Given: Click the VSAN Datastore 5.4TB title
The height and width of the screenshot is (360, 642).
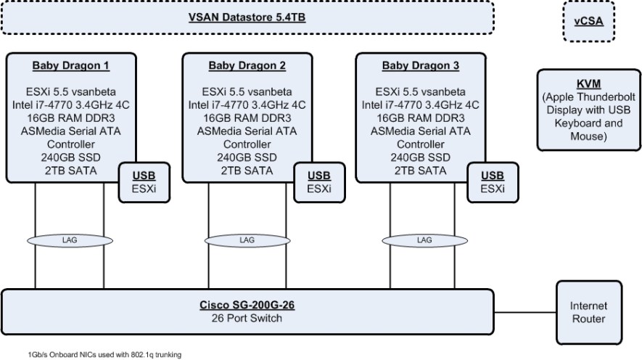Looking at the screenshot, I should coord(247,17).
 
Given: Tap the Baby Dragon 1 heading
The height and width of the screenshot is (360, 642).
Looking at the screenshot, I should coord(70,66).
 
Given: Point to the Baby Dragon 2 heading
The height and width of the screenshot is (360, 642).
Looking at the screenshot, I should coord(247,66).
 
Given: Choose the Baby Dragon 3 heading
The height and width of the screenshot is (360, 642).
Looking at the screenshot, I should coord(421,66).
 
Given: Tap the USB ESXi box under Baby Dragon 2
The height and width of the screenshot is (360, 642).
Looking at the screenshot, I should coord(319,182).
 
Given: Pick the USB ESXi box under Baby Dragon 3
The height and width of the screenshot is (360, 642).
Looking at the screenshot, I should coord(493,182).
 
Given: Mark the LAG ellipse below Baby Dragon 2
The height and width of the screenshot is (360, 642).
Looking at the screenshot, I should coord(247,240).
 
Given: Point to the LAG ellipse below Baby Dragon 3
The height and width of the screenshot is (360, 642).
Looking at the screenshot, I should coord(424,240).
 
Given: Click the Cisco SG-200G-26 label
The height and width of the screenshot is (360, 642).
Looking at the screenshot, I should coord(247,306).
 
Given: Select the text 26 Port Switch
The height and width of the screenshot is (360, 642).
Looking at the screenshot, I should coord(247,318).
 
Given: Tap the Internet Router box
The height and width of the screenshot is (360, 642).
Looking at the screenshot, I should coord(588,313).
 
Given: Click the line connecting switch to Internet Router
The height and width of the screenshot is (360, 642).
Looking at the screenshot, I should coord(525,313).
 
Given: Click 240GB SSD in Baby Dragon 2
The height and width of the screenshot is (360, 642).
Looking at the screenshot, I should coord(247,157).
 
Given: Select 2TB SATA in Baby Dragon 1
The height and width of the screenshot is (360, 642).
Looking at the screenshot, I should coord(70,171).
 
